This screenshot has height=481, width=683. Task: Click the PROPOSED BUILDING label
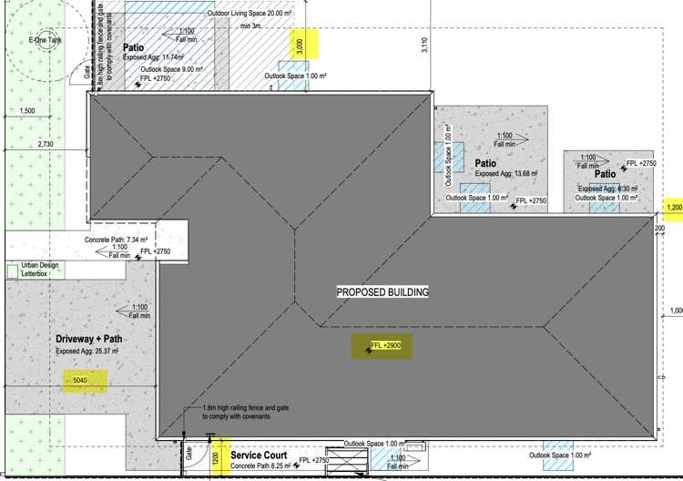[x=382, y=292]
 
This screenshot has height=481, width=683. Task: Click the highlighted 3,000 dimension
[x=301, y=44]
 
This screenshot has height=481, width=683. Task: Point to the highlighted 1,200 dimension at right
[x=674, y=208]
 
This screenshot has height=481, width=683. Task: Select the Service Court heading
[x=259, y=454]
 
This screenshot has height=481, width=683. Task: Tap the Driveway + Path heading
[x=88, y=339]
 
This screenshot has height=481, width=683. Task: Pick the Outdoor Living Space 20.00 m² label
[x=249, y=13]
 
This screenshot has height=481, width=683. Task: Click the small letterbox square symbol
[x=12, y=271]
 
